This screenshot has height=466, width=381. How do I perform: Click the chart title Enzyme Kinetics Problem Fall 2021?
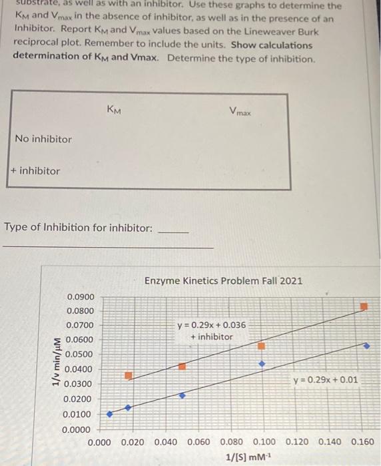(223, 280)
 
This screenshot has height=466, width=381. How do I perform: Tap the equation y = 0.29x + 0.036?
(211, 325)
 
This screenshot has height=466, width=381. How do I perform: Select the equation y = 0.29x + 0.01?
(325, 380)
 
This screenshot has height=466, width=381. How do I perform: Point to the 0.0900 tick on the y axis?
(81, 296)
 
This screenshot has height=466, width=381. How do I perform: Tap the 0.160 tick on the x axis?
(362, 442)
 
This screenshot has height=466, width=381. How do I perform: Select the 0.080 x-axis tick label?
(232, 442)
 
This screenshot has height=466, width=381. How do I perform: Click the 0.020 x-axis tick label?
(134, 442)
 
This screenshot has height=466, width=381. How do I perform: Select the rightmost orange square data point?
(364, 307)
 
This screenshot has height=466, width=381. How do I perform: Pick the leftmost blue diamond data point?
(110, 413)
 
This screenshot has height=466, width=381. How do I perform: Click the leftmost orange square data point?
(129, 376)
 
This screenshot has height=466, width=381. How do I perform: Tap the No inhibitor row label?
(43, 139)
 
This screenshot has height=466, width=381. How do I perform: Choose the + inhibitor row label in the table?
(35, 171)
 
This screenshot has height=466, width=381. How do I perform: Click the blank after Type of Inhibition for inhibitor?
(175, 228)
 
